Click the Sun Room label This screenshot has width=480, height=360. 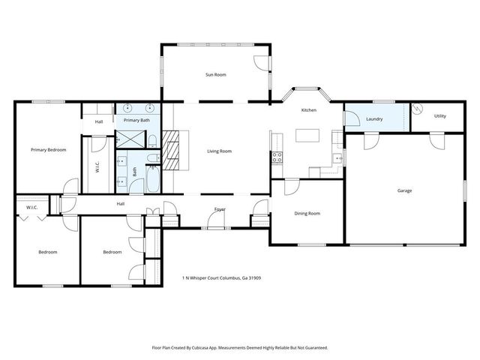216,75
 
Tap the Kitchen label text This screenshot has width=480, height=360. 308,110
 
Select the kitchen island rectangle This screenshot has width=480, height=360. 307,135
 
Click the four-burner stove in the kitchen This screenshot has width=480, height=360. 277,157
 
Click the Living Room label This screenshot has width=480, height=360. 219,151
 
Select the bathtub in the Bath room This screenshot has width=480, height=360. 153,177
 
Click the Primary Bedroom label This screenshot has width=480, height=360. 48,150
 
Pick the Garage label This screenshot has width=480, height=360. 404,190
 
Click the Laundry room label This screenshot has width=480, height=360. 375,118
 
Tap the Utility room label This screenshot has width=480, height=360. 439,115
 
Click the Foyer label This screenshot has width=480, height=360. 220,208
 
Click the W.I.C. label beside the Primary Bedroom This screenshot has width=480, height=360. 97,167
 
